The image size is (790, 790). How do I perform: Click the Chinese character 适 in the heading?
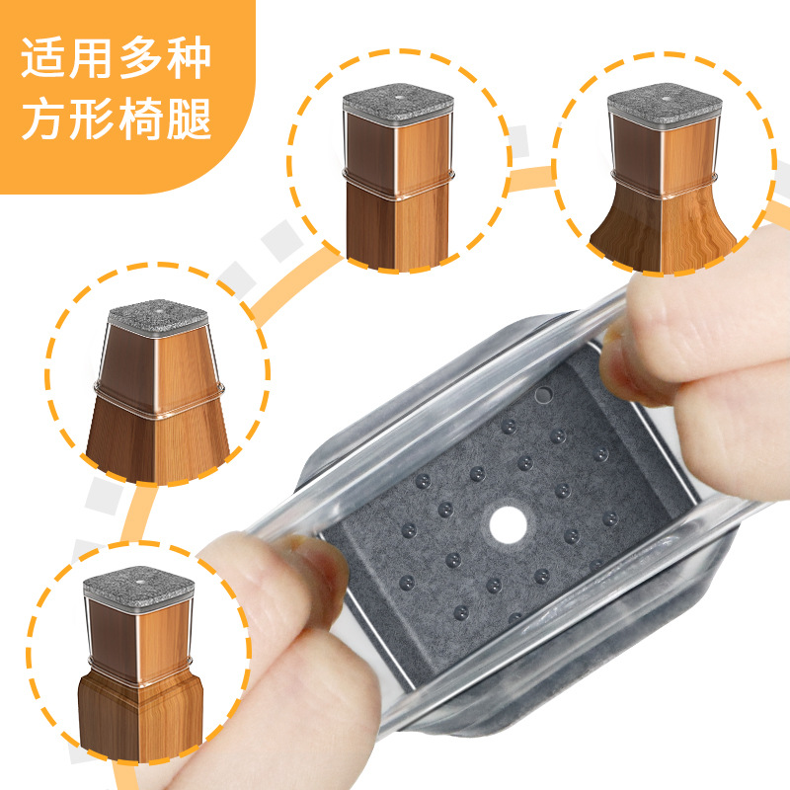coord(42,57)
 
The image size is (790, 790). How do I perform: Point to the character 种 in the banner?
coord(189,57)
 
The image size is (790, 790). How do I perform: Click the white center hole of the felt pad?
coord(508,525)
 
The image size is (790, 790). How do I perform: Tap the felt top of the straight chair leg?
coord(398,99)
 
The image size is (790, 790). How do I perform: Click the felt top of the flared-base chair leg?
coord(664,99)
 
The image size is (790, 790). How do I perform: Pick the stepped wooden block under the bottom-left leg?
coord(140,718)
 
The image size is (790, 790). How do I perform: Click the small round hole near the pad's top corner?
coord(543,394)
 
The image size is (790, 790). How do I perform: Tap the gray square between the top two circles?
coord(517,141)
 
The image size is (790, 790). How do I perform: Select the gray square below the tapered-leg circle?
coord(105,497)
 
